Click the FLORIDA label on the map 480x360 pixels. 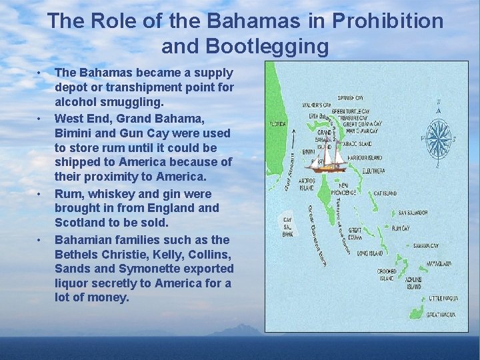pos(277,124)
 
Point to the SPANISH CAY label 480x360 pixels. pos(349,97)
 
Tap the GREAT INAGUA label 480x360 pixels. pos(441,314)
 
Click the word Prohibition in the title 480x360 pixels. pos(385,21)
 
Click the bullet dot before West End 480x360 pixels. pos(39,118)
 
